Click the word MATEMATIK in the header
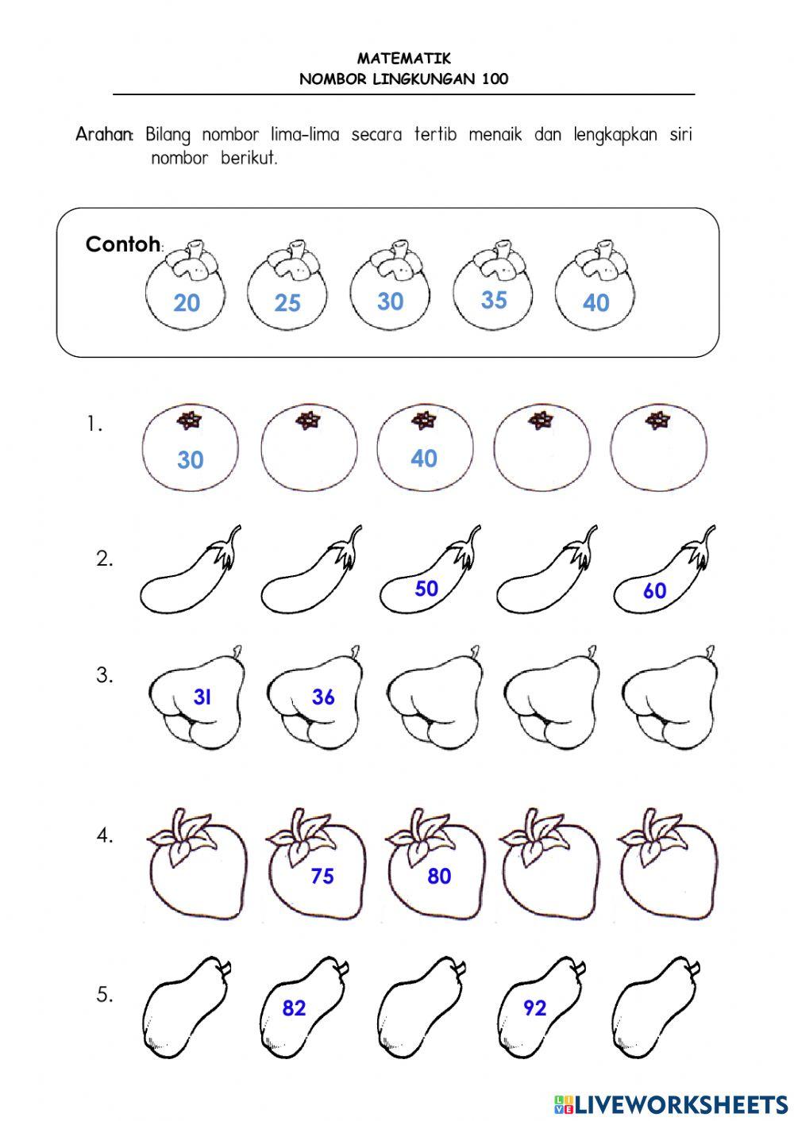403,58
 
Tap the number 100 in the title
494,79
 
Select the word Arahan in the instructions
105,135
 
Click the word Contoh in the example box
122,244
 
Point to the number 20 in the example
187,303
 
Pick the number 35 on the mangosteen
494,300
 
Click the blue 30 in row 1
191,460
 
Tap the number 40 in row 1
424,459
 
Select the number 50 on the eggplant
426,589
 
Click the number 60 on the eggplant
654,591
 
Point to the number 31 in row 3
202,697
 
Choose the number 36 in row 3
323,697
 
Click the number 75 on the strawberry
322,876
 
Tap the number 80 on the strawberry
439,876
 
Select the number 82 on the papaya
294,1008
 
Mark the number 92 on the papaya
534,1008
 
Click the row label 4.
105,835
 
